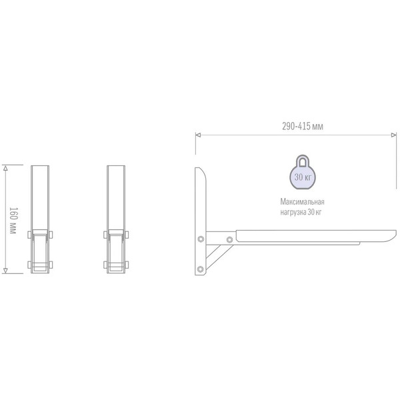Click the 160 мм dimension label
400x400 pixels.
tap(13, 219)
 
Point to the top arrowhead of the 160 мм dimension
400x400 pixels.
tap(6, 167)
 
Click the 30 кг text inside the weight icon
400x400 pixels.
tap(302, 177)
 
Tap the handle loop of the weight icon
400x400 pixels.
tap(302, 161)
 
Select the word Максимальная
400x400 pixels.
tap(302, 202)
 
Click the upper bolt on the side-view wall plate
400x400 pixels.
tap(201, 239)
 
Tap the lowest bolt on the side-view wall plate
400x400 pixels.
tap(201, 268)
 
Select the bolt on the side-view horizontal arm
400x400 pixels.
tap(230, 239)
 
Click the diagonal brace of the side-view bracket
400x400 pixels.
tap(217, 256)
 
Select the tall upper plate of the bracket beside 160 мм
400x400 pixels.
tap(40, 197)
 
